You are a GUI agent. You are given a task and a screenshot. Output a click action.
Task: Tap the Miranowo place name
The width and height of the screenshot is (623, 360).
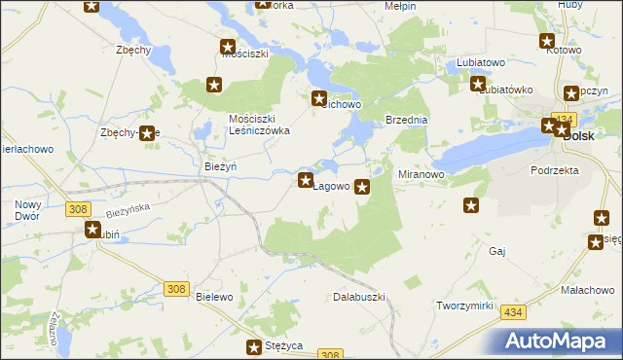421,174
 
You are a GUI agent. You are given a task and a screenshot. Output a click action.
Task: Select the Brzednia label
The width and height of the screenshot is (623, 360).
407,120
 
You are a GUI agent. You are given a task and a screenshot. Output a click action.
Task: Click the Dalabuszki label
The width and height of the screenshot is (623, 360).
360,296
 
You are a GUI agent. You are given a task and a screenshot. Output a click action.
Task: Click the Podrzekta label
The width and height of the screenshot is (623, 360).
555,169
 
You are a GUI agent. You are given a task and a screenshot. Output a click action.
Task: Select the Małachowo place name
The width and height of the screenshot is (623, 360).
587,290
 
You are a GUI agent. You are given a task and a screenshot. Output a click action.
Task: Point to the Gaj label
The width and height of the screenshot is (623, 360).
497,251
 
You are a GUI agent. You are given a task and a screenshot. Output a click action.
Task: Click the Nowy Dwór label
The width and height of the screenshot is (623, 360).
27,210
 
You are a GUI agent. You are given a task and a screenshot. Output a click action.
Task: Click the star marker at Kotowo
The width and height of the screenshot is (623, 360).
547,41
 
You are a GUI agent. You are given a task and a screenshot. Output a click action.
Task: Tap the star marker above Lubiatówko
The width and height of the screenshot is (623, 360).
478,84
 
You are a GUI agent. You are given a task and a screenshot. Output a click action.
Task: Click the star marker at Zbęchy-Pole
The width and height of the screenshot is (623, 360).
147,133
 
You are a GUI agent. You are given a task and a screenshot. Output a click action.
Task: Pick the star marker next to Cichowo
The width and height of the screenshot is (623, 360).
318,97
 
